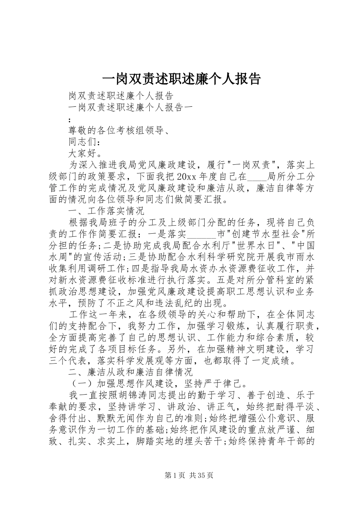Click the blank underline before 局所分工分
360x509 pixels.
tap(257, 177)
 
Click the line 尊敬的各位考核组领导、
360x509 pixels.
tap(118, 131)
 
